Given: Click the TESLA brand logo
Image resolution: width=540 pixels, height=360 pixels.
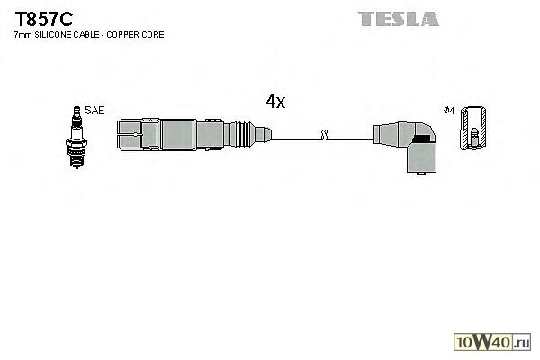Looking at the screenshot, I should coord(398,19).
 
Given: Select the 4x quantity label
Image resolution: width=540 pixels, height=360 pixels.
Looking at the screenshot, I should coord(275,102).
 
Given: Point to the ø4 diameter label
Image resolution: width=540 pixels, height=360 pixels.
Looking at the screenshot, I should coord(449,111).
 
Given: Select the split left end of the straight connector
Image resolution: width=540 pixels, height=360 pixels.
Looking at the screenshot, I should coord(130,136).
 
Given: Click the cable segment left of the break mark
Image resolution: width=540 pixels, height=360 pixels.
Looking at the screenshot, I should coord(297,136).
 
